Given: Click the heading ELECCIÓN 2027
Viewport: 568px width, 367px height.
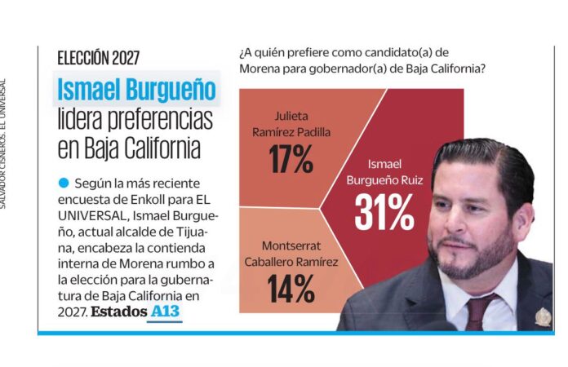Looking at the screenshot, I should pos(98,58).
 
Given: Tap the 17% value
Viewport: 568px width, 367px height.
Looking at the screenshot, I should pos(291,158).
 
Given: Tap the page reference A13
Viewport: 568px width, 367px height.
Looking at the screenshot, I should pos(166,312).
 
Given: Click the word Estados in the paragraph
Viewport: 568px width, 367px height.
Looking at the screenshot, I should pos(118,312).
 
